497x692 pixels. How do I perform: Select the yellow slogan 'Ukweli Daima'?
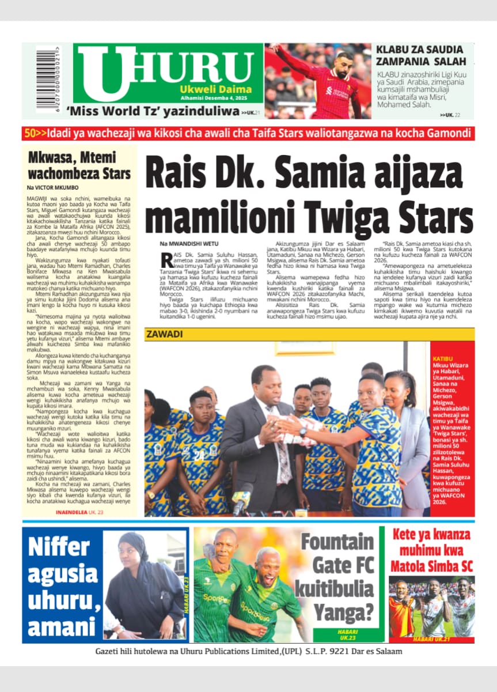click(x=215, y=89)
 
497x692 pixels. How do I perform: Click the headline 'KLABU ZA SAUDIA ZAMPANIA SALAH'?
click(x=419, y=55)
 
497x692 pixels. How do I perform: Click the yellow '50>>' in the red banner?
click(x=35, y=134)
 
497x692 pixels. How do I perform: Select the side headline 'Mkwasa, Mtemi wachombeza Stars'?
click(x=79, y=165)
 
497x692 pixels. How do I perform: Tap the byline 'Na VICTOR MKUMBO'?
click(x=53, y=188)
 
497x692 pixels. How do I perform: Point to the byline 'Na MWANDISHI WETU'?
click(x=190, y=244)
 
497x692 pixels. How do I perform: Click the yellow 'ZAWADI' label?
click(x=164, y=334)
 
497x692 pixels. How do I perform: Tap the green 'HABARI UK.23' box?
click(x=346, y=634)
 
